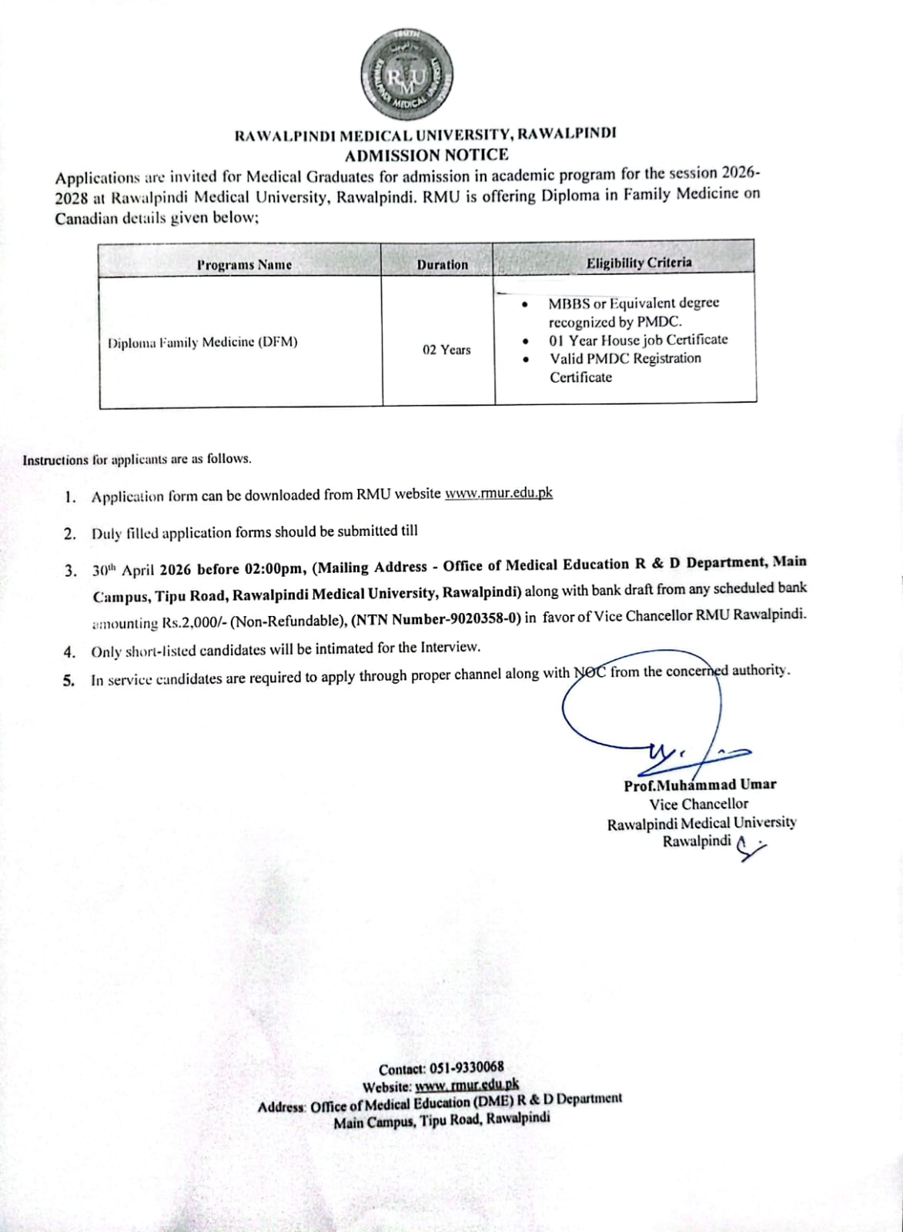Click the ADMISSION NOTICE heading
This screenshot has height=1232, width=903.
[426, 155]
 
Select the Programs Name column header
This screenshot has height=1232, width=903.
[244, 265]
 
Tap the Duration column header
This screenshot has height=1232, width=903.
[442, 265]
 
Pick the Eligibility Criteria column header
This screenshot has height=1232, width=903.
[638, 263]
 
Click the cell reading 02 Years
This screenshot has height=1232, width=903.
[446, 350]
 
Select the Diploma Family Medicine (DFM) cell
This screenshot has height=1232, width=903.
[202, 342]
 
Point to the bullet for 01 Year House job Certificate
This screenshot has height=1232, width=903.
[524, 340]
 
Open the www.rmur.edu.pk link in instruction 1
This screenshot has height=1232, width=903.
[498, 494]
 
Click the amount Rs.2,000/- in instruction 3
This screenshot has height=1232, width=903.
[187, 622]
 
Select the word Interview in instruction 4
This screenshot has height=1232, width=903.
[449, 648]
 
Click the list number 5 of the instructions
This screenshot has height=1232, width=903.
[69, 680]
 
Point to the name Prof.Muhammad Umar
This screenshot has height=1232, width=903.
[700, 784]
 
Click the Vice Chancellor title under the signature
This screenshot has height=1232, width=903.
[698, 803]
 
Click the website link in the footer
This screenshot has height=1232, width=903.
[467, 1085]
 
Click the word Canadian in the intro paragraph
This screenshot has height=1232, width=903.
[86, 218]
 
